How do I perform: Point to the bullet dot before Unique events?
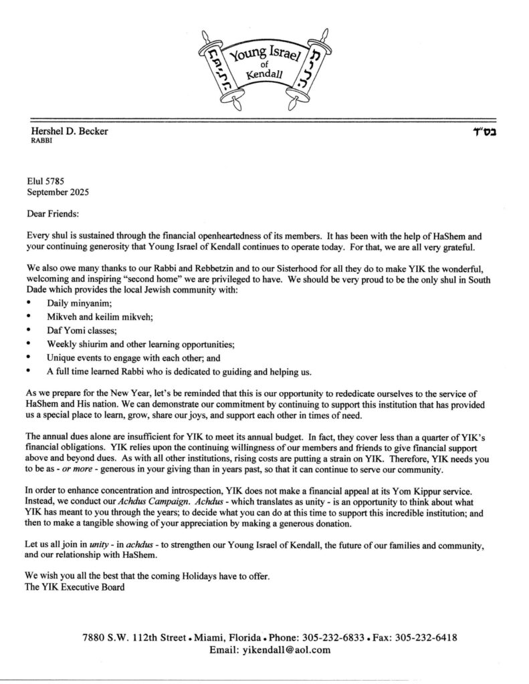coord(29,358)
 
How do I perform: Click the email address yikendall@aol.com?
coord(294,650)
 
